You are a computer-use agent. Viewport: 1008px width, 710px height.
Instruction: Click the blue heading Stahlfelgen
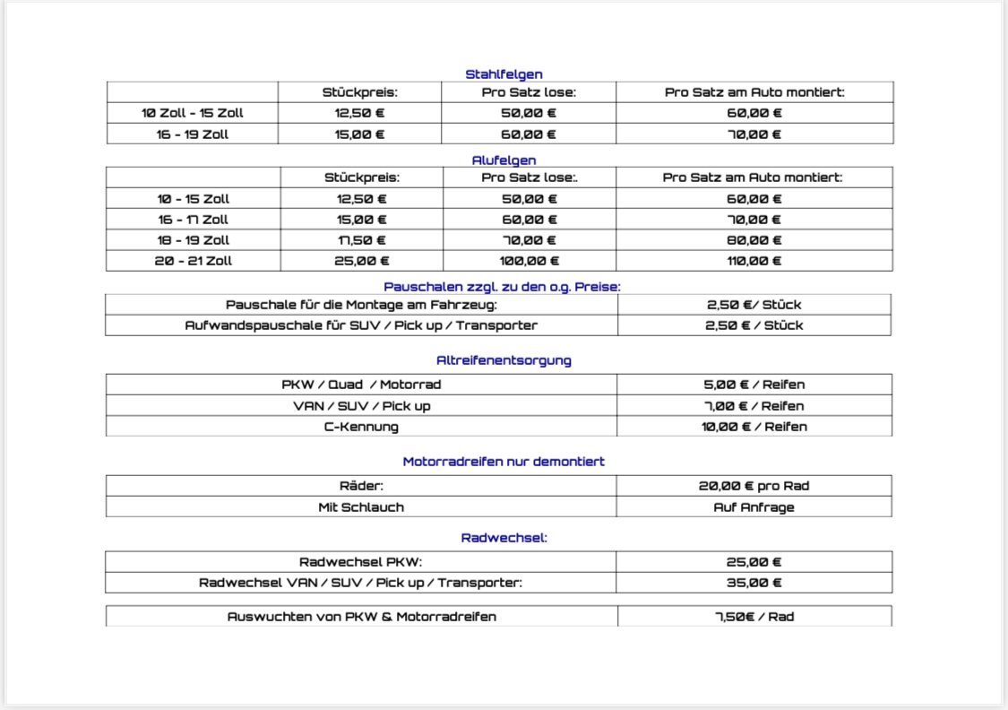504,74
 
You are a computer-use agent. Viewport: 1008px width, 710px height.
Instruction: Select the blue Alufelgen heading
504,160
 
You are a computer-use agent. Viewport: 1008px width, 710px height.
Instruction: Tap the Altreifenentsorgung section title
504,360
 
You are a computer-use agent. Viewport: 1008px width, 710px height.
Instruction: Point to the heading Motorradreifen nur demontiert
504,462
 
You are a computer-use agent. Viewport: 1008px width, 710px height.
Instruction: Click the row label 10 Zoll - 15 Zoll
193,113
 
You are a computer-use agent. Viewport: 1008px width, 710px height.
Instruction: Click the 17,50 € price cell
362,240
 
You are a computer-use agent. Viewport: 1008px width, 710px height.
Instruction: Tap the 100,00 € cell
529,261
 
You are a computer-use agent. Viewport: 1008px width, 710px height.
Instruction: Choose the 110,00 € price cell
754,261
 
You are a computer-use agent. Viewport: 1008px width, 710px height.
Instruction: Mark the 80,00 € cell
754,240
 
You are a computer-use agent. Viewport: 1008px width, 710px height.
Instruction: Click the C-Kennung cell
361,427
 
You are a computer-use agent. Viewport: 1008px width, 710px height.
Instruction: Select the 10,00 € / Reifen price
754,427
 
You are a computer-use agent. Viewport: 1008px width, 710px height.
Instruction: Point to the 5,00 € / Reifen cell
754,385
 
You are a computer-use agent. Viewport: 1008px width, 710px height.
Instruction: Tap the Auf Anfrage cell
754,507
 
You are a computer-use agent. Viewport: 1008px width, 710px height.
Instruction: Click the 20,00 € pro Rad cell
754,486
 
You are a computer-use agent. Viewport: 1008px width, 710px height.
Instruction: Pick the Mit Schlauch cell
361,507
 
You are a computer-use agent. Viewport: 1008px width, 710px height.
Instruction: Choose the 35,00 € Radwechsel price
754,583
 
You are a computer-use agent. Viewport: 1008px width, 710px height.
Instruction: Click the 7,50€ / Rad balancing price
754,617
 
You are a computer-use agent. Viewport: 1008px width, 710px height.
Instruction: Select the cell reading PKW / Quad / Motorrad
361,385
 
